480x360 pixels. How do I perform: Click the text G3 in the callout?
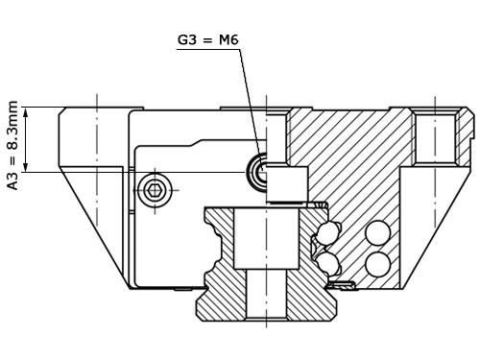187,40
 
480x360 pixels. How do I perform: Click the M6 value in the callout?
228,40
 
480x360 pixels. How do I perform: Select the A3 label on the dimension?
12,180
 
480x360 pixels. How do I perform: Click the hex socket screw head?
155,190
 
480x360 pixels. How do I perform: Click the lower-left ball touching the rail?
327,262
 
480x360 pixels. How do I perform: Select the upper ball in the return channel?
378,233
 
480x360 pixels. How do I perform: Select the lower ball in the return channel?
378,264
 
